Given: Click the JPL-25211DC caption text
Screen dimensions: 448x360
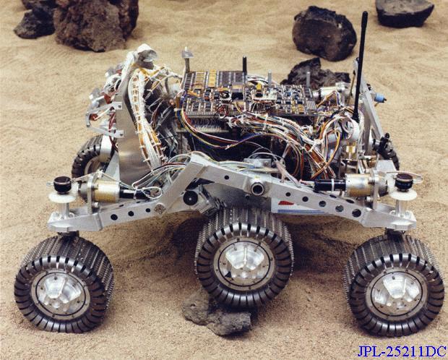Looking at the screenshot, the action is (x=402, y=351).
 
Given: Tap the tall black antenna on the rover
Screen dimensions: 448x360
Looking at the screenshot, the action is (x=360, y=66).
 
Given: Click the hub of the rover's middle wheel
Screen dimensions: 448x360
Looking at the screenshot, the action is (x=244, y=263).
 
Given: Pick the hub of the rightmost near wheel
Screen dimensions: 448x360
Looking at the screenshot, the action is (x=396, y=294).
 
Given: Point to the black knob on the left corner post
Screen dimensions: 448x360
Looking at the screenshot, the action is (x=62, y=184).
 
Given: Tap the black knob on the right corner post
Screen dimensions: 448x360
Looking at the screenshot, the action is (x=404, y=182).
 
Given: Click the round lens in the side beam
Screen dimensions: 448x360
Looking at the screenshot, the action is (x=257, y=189).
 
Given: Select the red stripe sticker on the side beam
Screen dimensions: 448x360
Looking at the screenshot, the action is (x=286, y=203).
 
